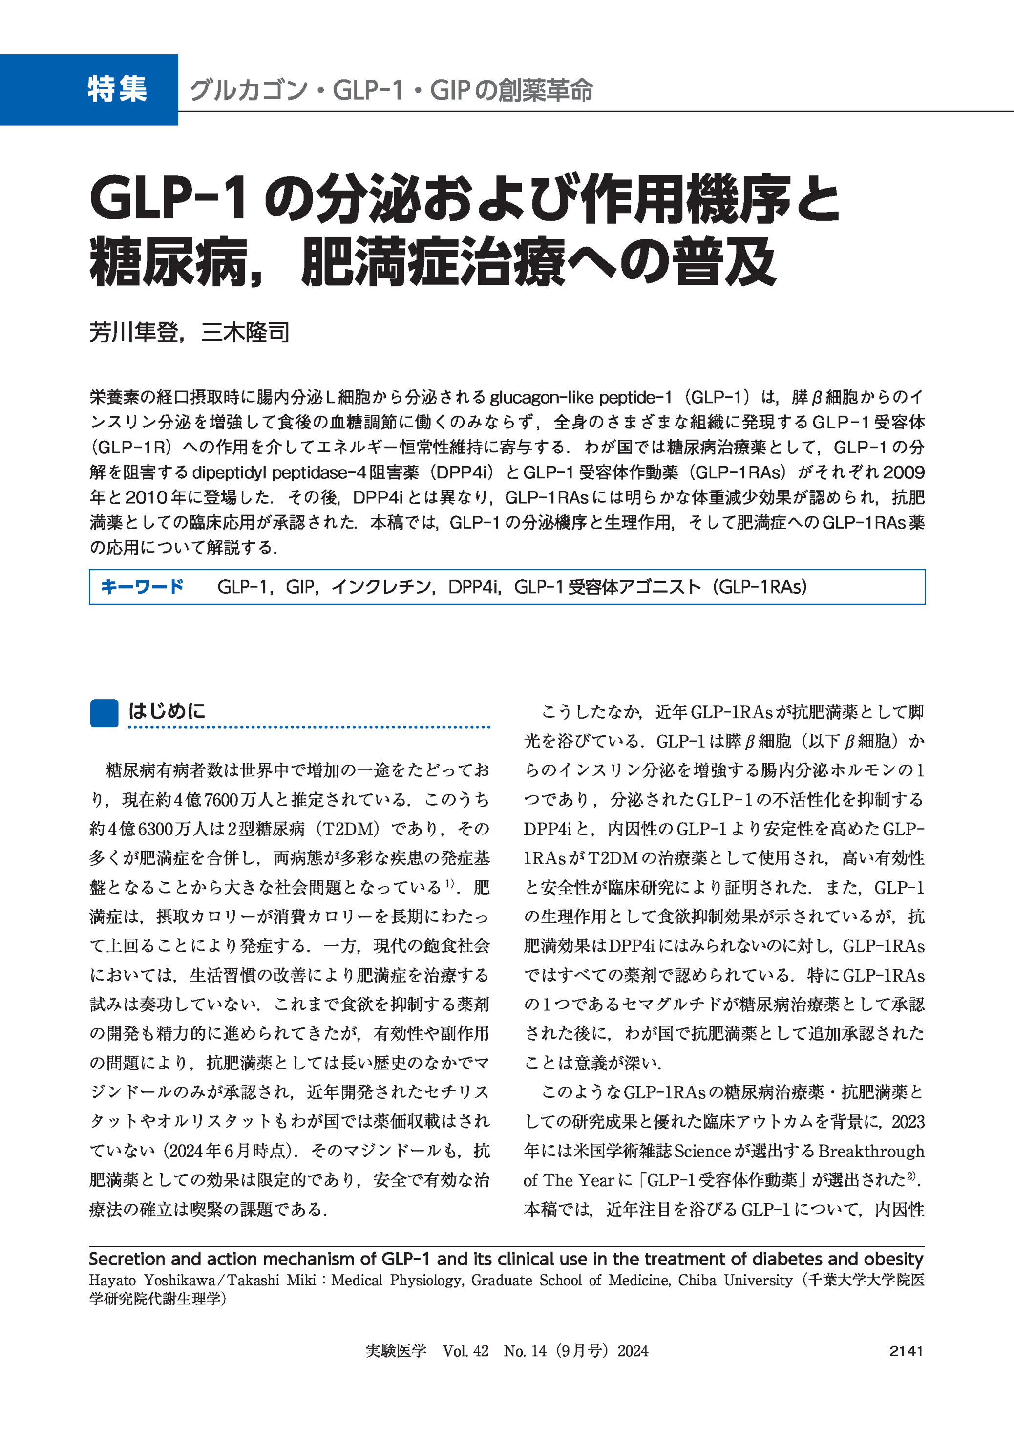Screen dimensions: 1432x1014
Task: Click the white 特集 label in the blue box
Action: (x=117, y=89)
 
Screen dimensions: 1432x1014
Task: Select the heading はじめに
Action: (x=167, y=711)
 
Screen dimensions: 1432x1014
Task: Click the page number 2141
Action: (x=906, y=1351)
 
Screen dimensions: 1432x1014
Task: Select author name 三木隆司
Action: (x=245, y=333)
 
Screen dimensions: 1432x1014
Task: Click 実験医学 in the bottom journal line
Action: (x=395, y=1351)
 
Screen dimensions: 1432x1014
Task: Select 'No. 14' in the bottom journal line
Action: (x=525, y=1351)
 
